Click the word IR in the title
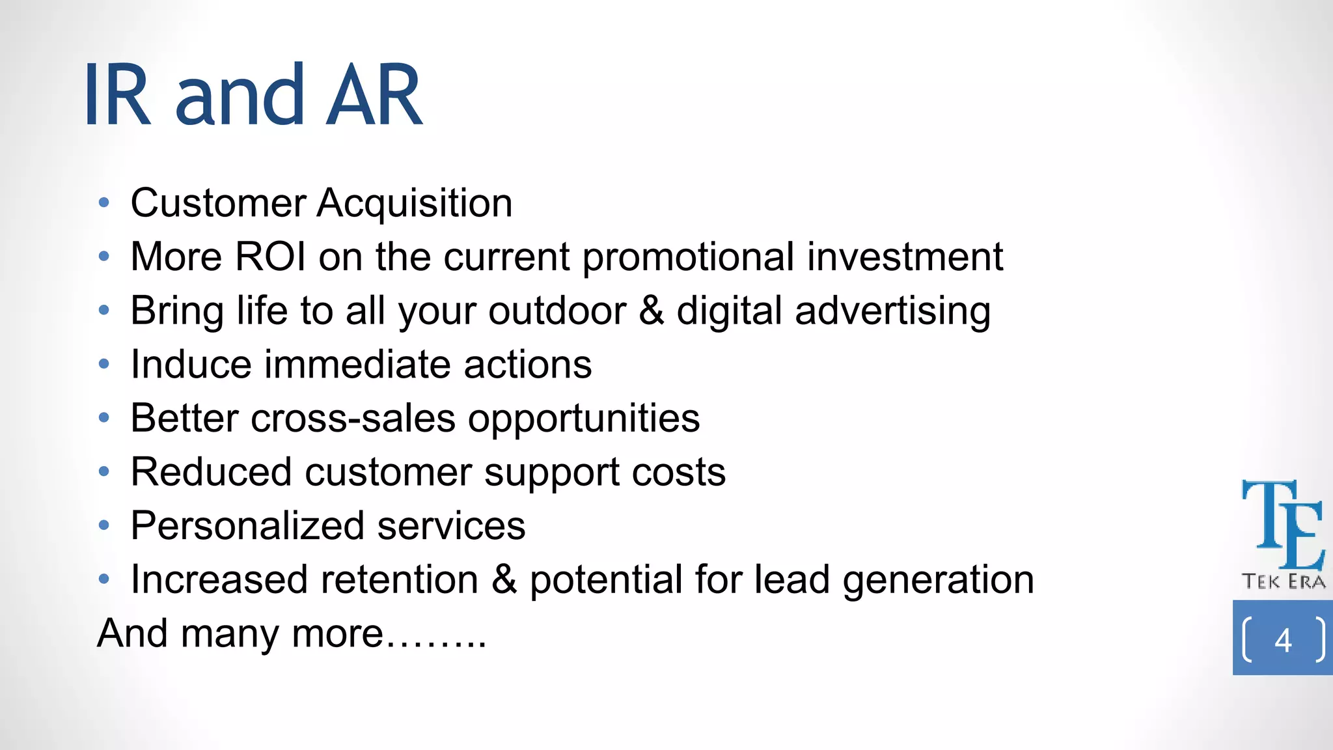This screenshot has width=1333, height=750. (x=118, y=96)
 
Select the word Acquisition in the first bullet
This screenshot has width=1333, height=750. (x=415, y=203)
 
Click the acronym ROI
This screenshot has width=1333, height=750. (x=270, y=257)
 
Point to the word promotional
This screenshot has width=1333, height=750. (x=688, y=258)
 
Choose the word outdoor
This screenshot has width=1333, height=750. (x=558, y=311)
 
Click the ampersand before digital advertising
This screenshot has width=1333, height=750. (x=652, y=311)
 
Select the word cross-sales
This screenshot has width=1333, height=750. (x=353, y=418)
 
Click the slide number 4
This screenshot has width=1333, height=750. (x=1283, y=640)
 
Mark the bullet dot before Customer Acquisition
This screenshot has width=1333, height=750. (x=104, y=203)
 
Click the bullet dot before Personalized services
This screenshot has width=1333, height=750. (x=104, y=525)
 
